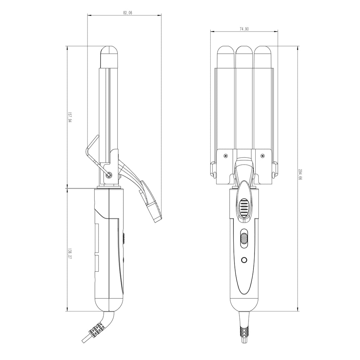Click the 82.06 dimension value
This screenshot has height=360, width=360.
point(128,13)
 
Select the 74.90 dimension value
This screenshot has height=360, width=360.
point(244,29)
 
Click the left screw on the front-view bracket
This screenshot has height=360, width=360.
point(226,156)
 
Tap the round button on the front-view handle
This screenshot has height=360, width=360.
point(244,260)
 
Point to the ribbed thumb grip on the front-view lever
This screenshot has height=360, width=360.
point(244,207)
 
